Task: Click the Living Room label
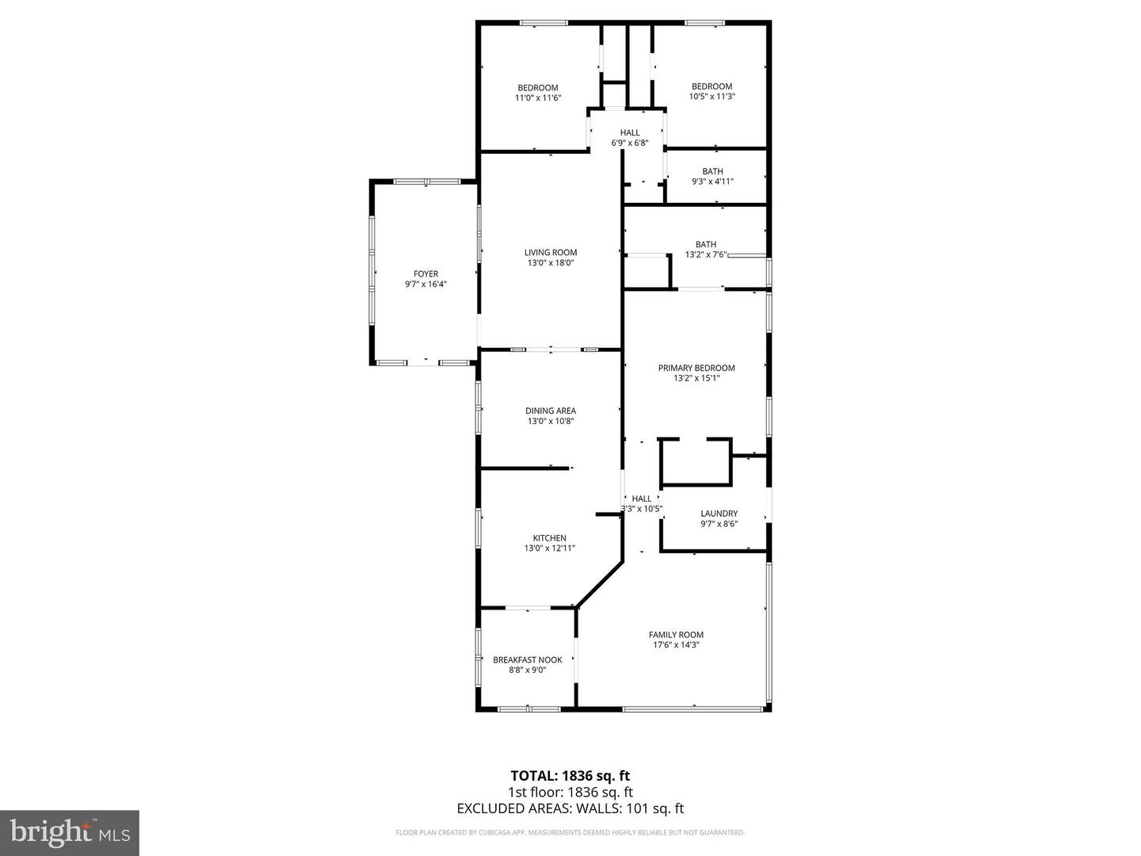click(x=550, y=253)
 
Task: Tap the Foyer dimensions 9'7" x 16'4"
click(x=425, y=285)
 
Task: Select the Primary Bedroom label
click(x=696, y=368)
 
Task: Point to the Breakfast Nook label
click(x=527, y=659)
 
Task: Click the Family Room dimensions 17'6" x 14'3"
click(x=675, y=645)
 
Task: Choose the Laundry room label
click(x=719, y=514)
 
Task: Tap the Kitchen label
click(x=549, y=538)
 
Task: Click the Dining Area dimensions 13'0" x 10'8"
click(x=550, y=422)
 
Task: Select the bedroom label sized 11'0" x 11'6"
click(x=537, y=88)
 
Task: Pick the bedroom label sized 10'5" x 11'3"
click(x=712, y=86)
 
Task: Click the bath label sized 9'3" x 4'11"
click(x=712, y=171)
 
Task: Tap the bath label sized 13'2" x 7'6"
click(x=705, y=244)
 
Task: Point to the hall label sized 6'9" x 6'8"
click(x=630, y=132)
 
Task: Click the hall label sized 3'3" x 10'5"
click(x=641, y=499)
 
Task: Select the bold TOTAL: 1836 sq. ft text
click(x=570, y=776)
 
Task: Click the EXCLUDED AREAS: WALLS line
click(x=570, y=808)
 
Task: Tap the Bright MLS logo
click(x=70, y=832)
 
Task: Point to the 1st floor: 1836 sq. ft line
click(x=570, y=792)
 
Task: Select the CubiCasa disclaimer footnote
click(x=570, y=832)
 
